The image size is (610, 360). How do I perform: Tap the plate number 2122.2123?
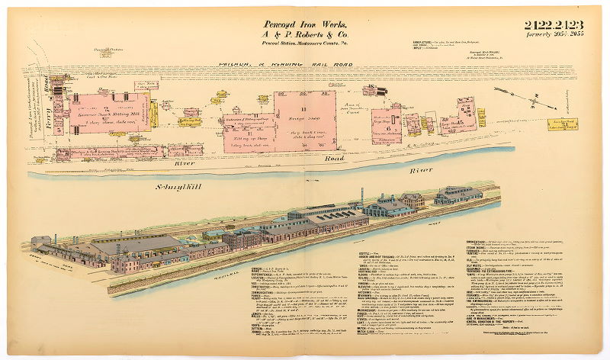tap(551, 27)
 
